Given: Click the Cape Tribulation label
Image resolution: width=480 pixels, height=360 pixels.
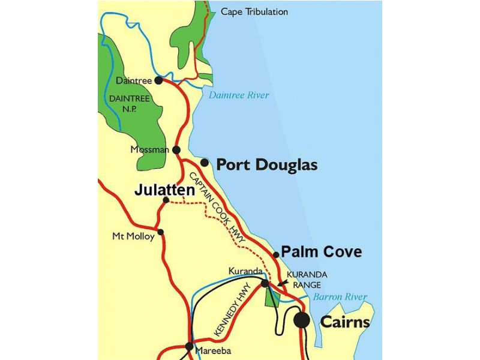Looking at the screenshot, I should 254,12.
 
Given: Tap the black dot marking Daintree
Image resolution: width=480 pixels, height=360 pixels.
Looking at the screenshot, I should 158,80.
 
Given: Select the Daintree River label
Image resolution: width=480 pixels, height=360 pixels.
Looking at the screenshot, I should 239,95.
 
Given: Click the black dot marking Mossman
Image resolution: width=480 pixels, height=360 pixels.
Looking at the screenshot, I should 176,150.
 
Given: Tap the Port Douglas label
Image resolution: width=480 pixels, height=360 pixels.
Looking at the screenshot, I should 266,165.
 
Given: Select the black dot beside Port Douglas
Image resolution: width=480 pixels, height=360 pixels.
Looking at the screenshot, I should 205,163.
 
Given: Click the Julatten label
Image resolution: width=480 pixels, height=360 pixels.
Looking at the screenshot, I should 164,190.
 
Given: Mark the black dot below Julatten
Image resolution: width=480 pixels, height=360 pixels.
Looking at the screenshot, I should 166,200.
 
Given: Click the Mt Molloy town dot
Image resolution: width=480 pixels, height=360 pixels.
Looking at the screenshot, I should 160,232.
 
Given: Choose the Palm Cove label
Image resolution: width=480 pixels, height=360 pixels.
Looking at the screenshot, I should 322,252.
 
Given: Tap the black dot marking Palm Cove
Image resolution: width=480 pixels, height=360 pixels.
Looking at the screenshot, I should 276,254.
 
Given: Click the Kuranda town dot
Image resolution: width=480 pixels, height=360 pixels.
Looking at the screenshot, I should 265,283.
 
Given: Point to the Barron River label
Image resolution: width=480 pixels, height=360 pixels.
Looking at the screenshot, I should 339,297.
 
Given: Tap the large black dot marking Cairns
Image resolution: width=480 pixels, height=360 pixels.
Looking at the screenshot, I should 302,320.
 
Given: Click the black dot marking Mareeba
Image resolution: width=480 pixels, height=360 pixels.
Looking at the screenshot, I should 190,346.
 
